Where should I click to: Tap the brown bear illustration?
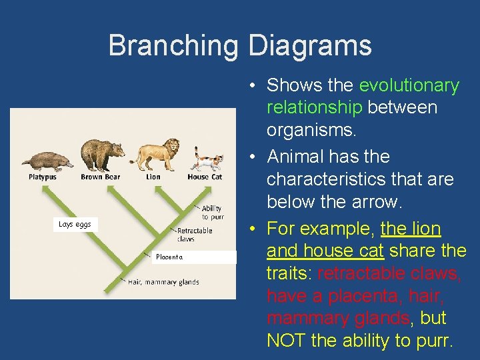tap(101, 155)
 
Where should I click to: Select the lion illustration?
tap(154, 155)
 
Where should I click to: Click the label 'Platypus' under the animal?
tap(43, 177)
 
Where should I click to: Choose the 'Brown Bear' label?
tap(101, 177)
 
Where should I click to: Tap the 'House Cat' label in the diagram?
tap(205, 177)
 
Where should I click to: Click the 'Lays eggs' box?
tap(75, 225)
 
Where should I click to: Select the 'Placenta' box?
tap(193, 257)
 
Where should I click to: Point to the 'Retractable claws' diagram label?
tap(195, 234)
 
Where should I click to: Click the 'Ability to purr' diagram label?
tap(212, 213)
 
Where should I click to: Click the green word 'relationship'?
tap(314, 108)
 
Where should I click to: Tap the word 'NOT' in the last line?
tap(287, 341)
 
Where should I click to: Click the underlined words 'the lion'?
tap(411, 229)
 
